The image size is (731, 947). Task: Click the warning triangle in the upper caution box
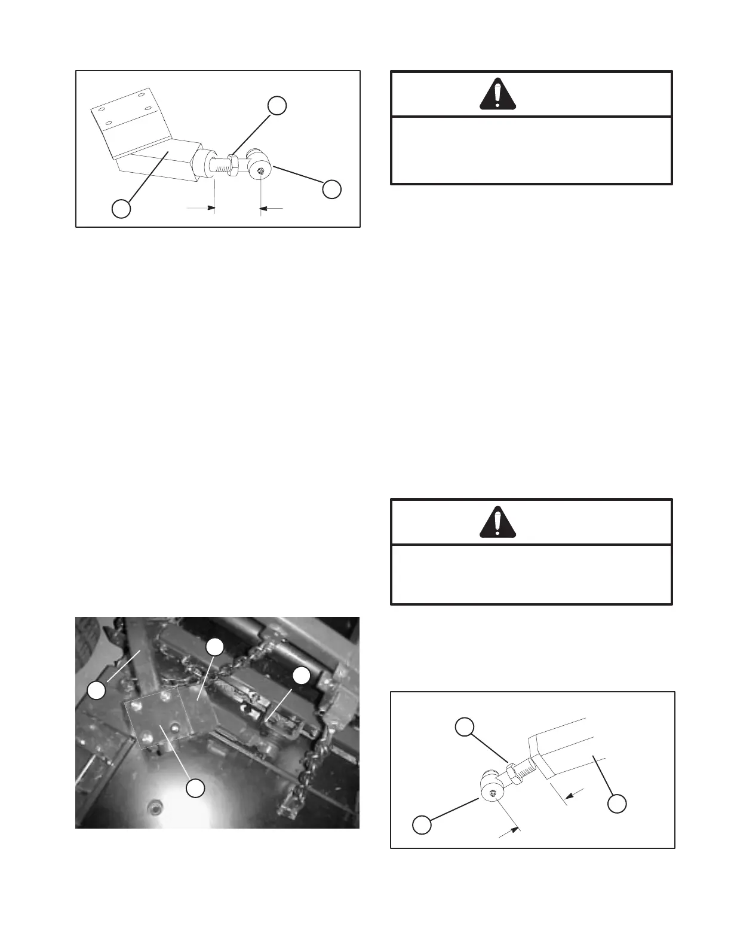coord(498,94)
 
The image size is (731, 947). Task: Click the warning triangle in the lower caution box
coord(498,522)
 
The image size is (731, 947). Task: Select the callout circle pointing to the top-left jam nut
coord(277,105)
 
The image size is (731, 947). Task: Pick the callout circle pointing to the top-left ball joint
coord(332,190)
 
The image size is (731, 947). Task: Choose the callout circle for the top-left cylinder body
coord(122,209)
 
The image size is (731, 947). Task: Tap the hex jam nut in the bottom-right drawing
coord(511,770)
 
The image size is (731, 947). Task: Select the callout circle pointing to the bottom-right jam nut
coord(465,726)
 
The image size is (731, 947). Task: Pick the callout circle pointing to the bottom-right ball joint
coord(422,825)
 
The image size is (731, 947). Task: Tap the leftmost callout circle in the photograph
coord(97,691)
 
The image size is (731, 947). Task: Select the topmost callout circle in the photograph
coord(215,646)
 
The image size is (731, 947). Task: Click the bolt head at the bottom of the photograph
coord(155,809)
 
